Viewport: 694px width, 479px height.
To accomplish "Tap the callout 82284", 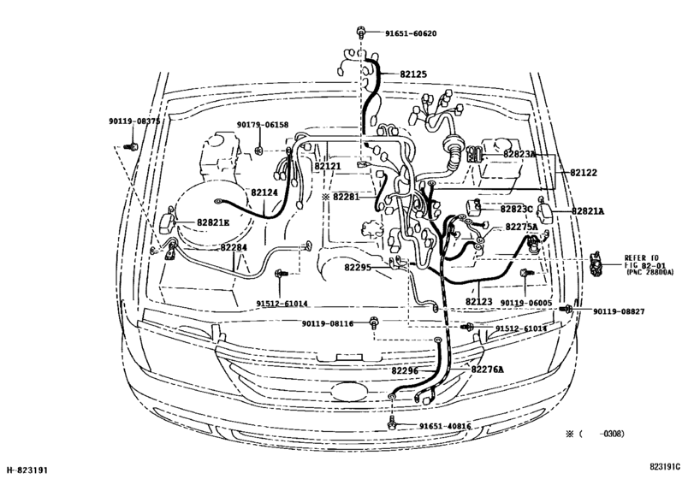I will coord(234,247).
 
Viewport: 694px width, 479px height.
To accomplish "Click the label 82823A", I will coord(519,154).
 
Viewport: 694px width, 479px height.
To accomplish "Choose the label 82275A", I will coord(521,227).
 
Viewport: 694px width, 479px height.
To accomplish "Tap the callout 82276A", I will coord(488,370).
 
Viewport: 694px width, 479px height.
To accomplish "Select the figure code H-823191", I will coord(30,470).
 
